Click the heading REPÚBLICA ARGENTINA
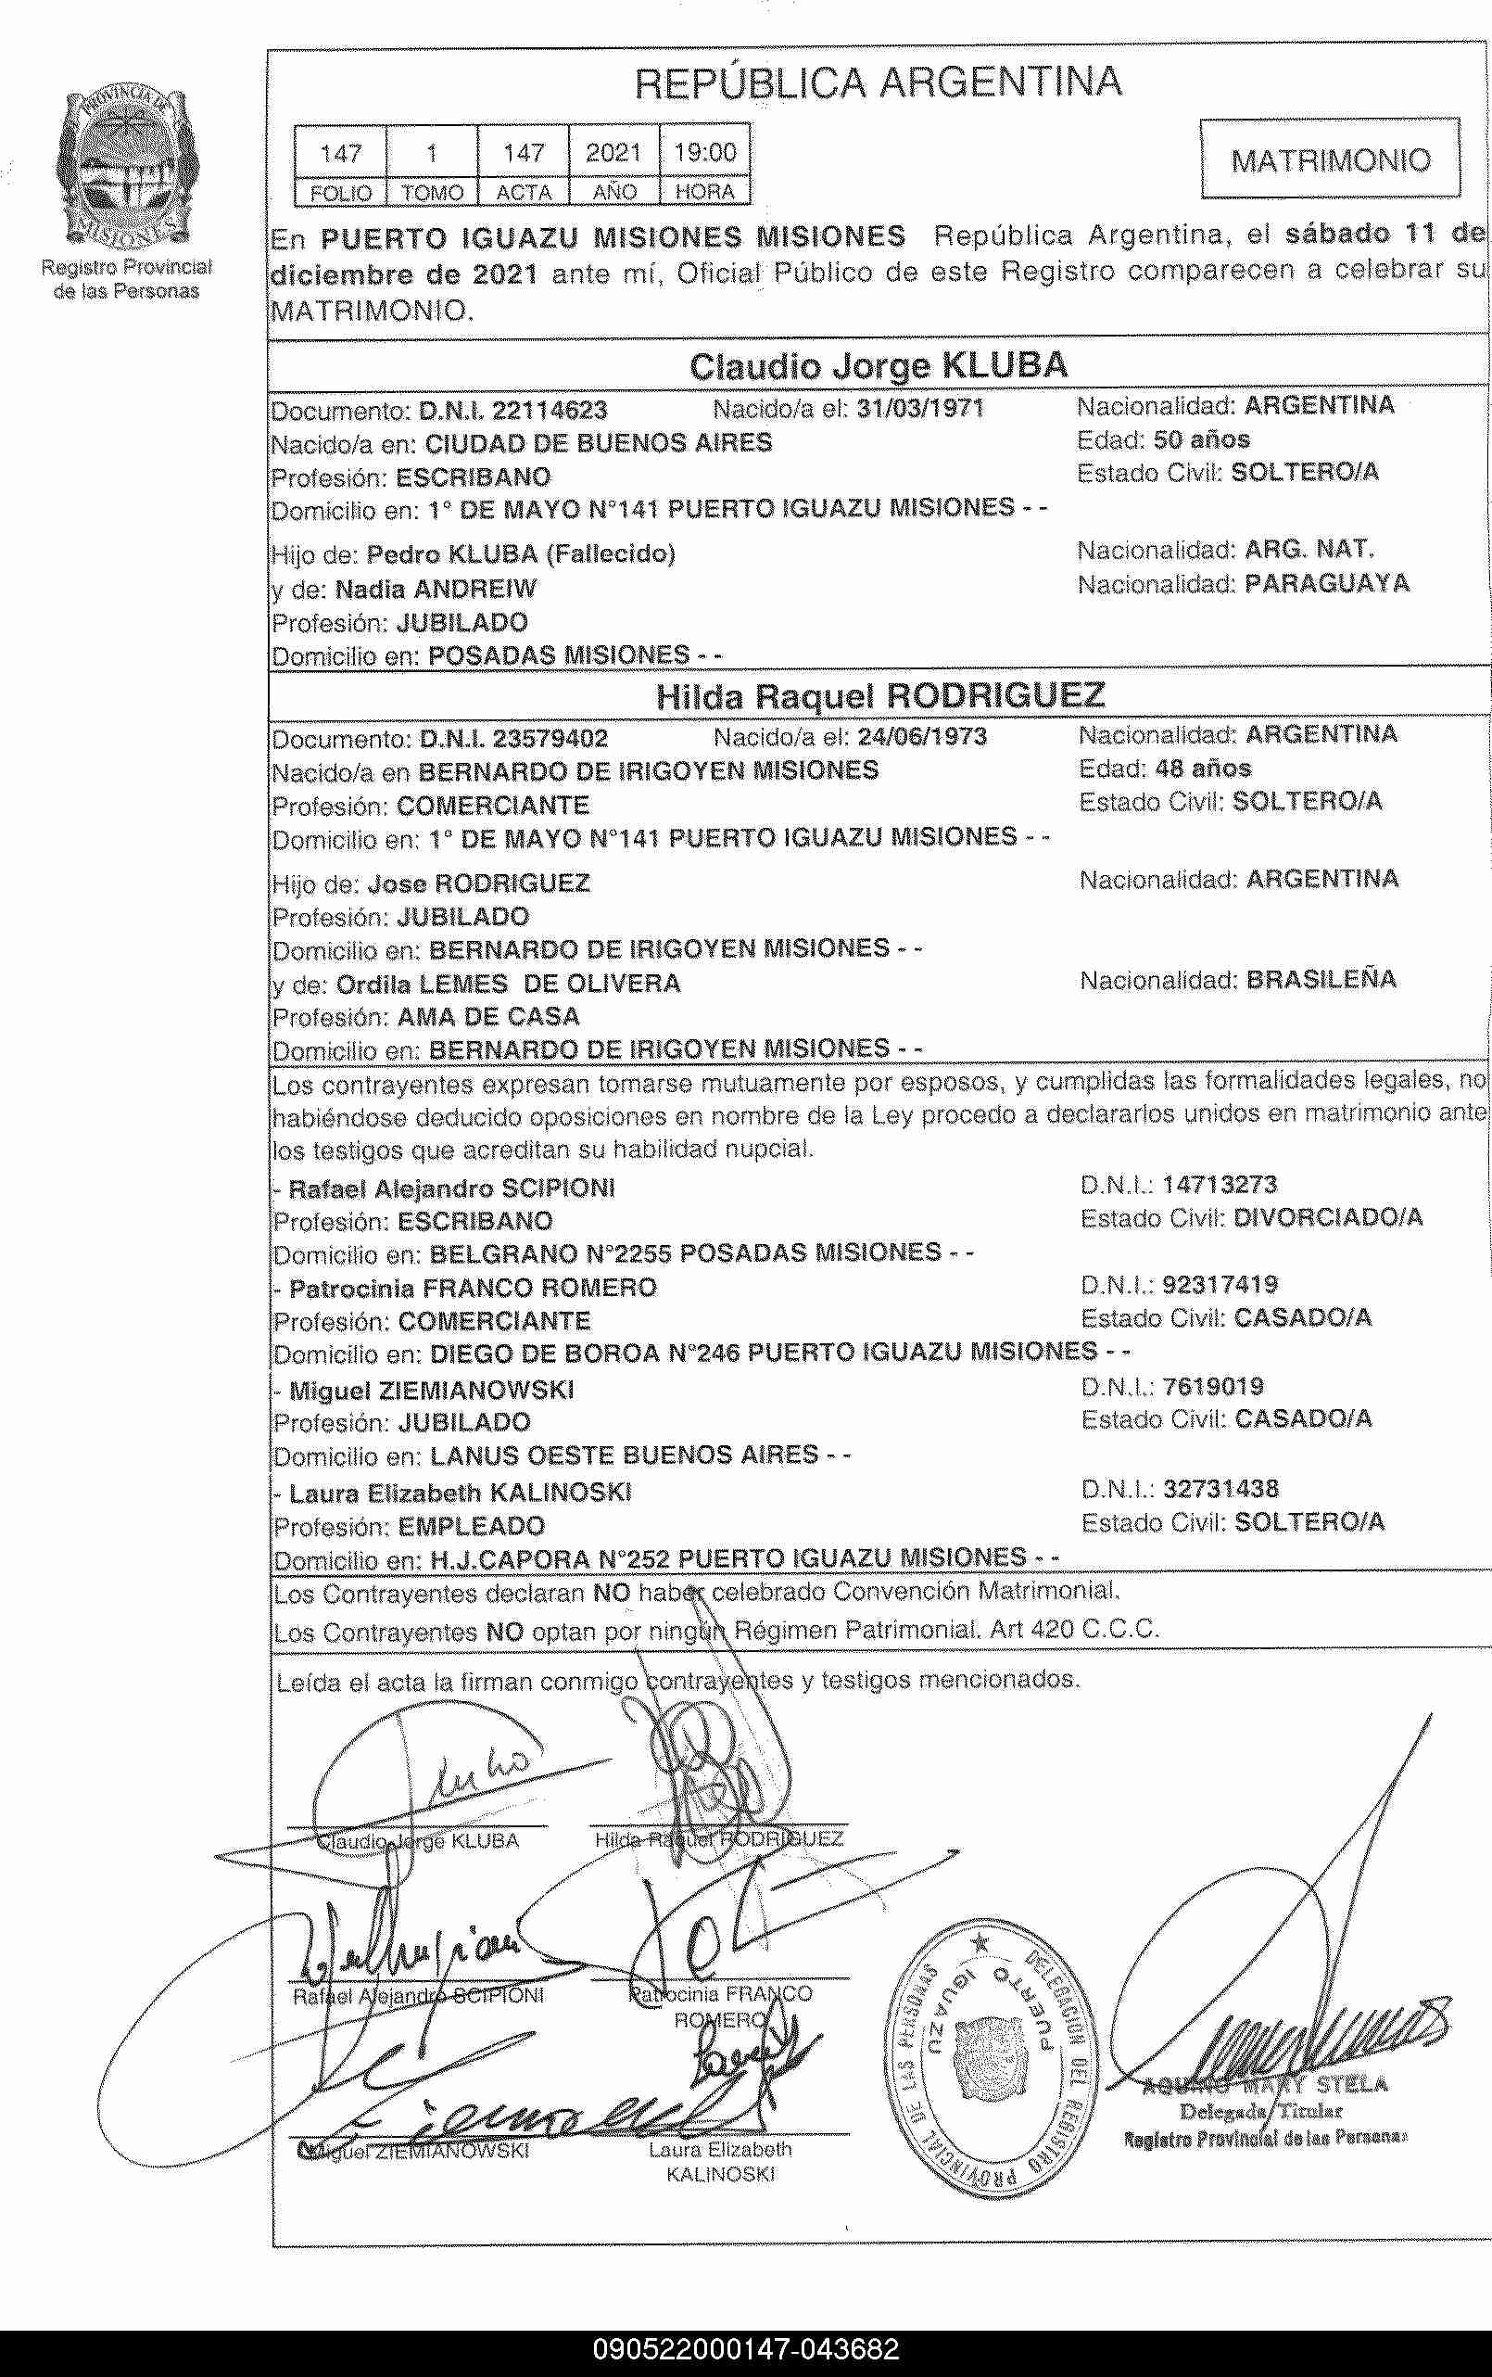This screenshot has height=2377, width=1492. coord(878,82)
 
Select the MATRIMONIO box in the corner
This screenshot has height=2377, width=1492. coord(1329,159)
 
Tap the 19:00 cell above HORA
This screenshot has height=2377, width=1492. coord(704,152)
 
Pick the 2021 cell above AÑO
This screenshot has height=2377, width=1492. coord(613,152)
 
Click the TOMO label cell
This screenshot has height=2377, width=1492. coord(431,193)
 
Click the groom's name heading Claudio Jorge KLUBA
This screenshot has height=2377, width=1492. coord(878,366)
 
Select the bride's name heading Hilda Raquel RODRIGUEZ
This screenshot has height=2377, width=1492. coord(879,696)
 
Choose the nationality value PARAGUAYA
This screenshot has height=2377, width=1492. coord(1326,584)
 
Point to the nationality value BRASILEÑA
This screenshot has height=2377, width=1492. coord(1321,979)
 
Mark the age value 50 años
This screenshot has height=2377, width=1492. coord(1201,439)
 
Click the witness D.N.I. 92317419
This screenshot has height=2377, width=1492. coord(1220,1284)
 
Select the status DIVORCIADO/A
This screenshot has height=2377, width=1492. coord(1328,1218)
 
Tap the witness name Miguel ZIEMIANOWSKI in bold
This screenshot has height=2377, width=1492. coord(431,1391)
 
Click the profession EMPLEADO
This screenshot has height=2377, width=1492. coord(471,1526)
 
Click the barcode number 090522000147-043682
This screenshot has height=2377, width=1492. coord(746,2349)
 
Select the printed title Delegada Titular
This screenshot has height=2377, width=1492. coord(1260,2112)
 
